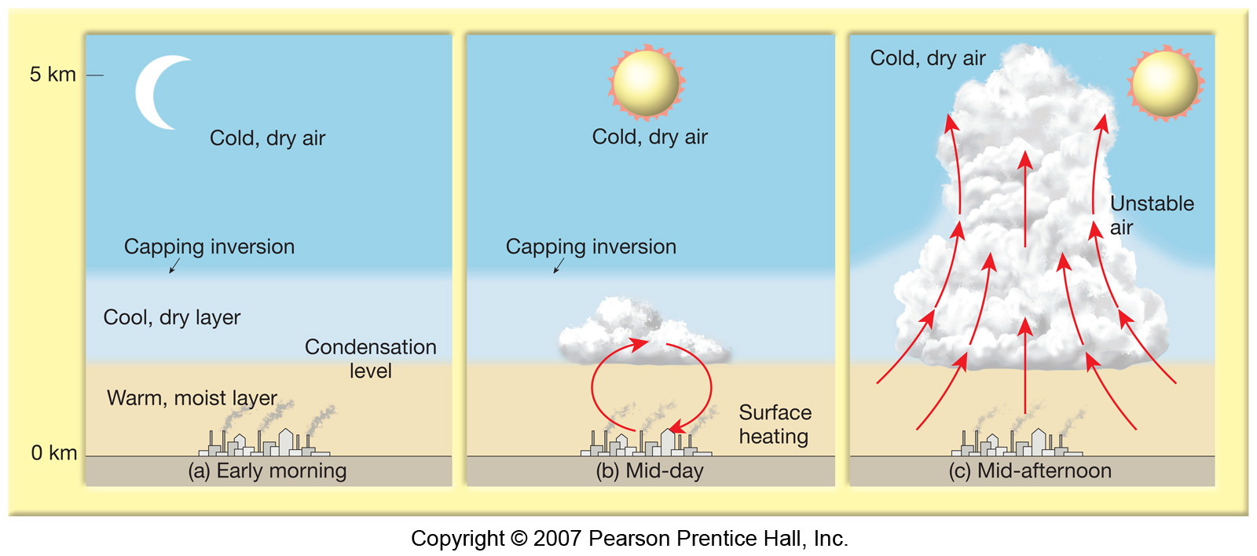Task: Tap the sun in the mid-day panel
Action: point(647,82)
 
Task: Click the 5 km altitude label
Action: point(53,74)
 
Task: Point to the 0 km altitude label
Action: point(54,452)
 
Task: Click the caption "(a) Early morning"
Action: point(267,470)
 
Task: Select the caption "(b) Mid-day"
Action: point(650,470)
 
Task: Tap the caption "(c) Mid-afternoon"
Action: point(1030,470)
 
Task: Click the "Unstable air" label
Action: point(1152,215)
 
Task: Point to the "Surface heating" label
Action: point(775,424)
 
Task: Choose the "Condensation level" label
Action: point(370,359)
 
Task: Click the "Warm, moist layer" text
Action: point(192,398)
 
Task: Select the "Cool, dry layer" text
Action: point(172,317)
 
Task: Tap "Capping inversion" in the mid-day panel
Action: point(591,247)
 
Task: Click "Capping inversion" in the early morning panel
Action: point(209,247)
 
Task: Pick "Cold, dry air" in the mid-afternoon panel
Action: point(928,58)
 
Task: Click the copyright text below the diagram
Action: point(629,538)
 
